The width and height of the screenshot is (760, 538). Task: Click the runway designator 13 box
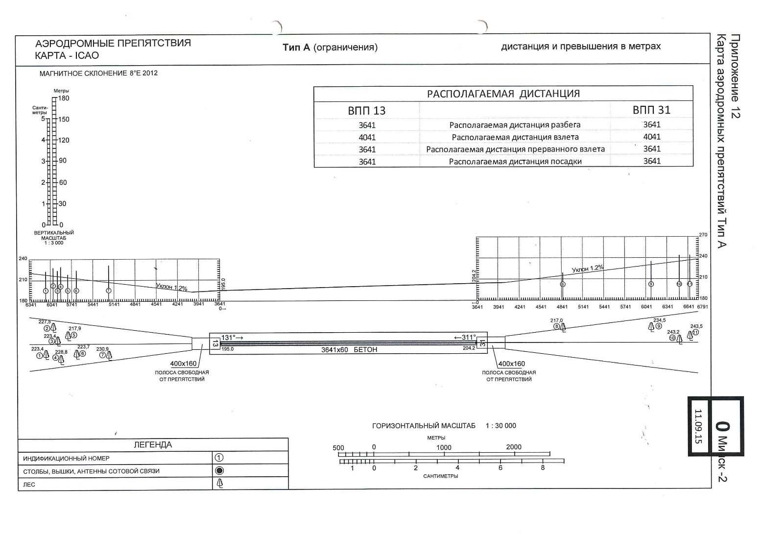pyautogui.click(x=214, y=343)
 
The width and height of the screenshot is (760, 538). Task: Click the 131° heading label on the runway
pyautogui.click(x=232, y=338)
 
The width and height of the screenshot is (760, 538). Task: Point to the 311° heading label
pyautogui.click(x=465, y=337)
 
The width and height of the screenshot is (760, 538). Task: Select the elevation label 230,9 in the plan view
pyautogui.click(x=102, y=349)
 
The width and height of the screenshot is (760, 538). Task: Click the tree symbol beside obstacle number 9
pyautogui.click(x=651, y=326)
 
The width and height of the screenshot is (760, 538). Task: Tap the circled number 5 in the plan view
pyautogui.click(x=73, y=336)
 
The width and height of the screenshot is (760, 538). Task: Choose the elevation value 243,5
pyautogui.click(x=696, y=326)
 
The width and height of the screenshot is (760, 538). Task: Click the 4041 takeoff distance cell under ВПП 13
pyautogui.click(x=367, y=137)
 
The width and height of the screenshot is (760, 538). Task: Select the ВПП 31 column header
pyautogui.click(x=651, y=110)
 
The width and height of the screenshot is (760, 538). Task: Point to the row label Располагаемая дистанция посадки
pyautogui.click(x=515, y=162)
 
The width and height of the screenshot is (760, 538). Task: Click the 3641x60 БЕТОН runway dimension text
pyautogui.click(x=349, y=350)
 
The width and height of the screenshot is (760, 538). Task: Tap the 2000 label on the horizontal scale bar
pyautogui.click(x=514, y=447)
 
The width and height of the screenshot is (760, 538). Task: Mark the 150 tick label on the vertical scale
pyautogui.click(x=64, y=120)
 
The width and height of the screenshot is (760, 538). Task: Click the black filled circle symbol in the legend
pyautogui.click(x=219, y=471)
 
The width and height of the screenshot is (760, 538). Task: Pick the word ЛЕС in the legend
pyautogui.click(x=29, y=485)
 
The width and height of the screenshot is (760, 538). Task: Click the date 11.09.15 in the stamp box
pyautogui.click(x=698, y=426)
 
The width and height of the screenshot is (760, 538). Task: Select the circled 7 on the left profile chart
pyautogui.click(x=109, y=291)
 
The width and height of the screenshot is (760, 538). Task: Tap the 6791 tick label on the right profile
pyautogui.click(x=702, y=307)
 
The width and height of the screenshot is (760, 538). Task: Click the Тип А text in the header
pyautogui.click(x=297, y=47)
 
